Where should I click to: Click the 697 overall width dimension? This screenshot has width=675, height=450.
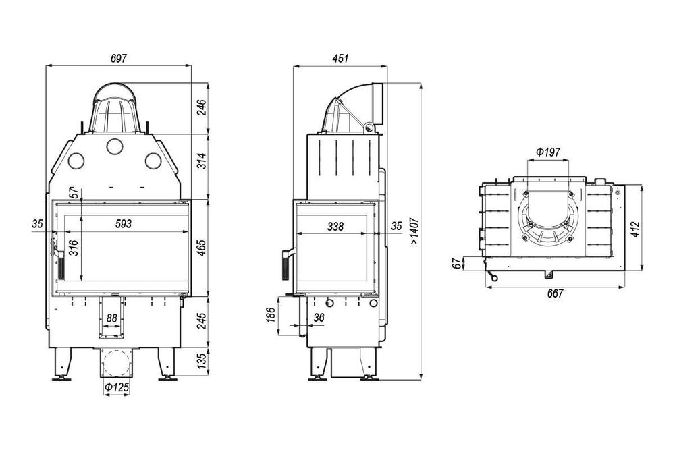[119, 59]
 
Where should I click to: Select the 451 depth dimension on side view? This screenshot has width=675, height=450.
[340, 59]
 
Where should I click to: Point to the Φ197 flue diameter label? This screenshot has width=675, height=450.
[548, 152]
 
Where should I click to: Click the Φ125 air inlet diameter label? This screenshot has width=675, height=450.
[116, 389]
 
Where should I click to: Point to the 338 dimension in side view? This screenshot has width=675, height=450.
[335, 227]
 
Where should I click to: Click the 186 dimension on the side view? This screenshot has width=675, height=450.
[271, 316]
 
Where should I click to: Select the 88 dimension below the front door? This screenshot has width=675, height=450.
[112, 318]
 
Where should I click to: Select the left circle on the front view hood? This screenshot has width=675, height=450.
[76, 161]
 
